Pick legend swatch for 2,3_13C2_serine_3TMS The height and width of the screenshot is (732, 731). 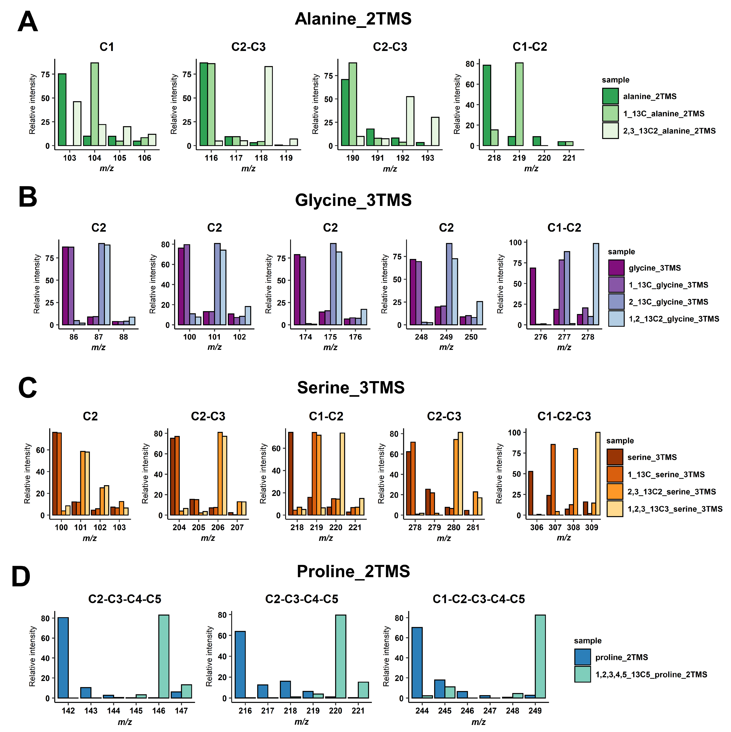(x=614, y=491)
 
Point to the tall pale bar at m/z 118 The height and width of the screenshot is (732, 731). (x=268, y=106)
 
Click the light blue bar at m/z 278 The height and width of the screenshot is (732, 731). (x=595, y=284)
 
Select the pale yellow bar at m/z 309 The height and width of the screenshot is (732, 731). (x=597, y=474)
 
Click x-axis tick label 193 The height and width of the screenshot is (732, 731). (x=427, y=158)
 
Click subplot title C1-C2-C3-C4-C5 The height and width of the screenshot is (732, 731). (x=479, y=599)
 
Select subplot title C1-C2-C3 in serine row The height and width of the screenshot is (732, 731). (x=564, y=416)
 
